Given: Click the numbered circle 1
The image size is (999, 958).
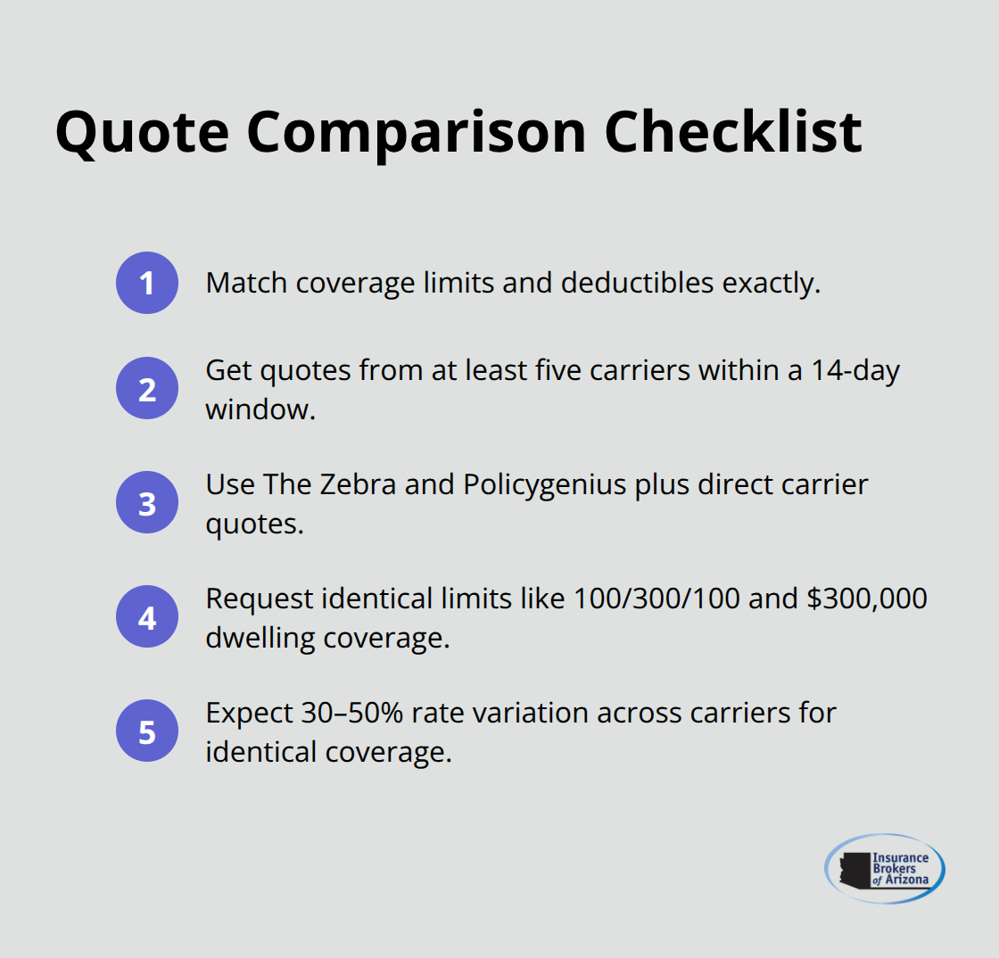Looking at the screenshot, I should (147, 283).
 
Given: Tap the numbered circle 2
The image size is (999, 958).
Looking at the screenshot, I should (147, 389).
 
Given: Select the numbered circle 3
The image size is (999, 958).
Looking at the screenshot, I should (147, 503).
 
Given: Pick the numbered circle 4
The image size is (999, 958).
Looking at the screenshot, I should (147, 617).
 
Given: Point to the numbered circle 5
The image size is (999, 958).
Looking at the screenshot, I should (147, 731).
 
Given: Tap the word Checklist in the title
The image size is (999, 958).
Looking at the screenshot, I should (733, 131).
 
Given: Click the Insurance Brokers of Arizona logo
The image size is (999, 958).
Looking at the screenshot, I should (885, 869).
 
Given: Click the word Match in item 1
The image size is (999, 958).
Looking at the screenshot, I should (245, 283).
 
